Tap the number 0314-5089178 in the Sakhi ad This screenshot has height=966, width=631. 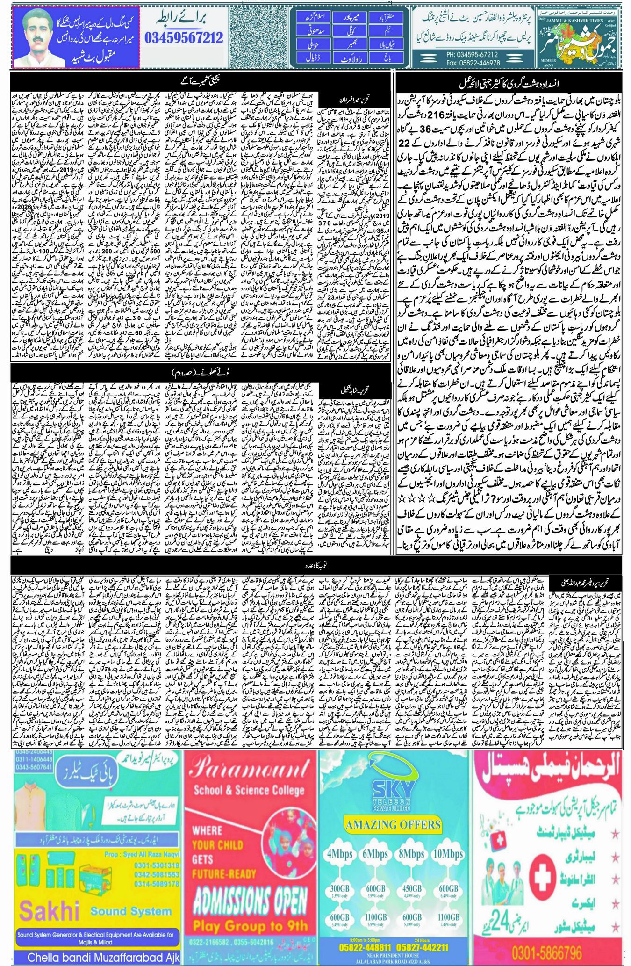[154, 884]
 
